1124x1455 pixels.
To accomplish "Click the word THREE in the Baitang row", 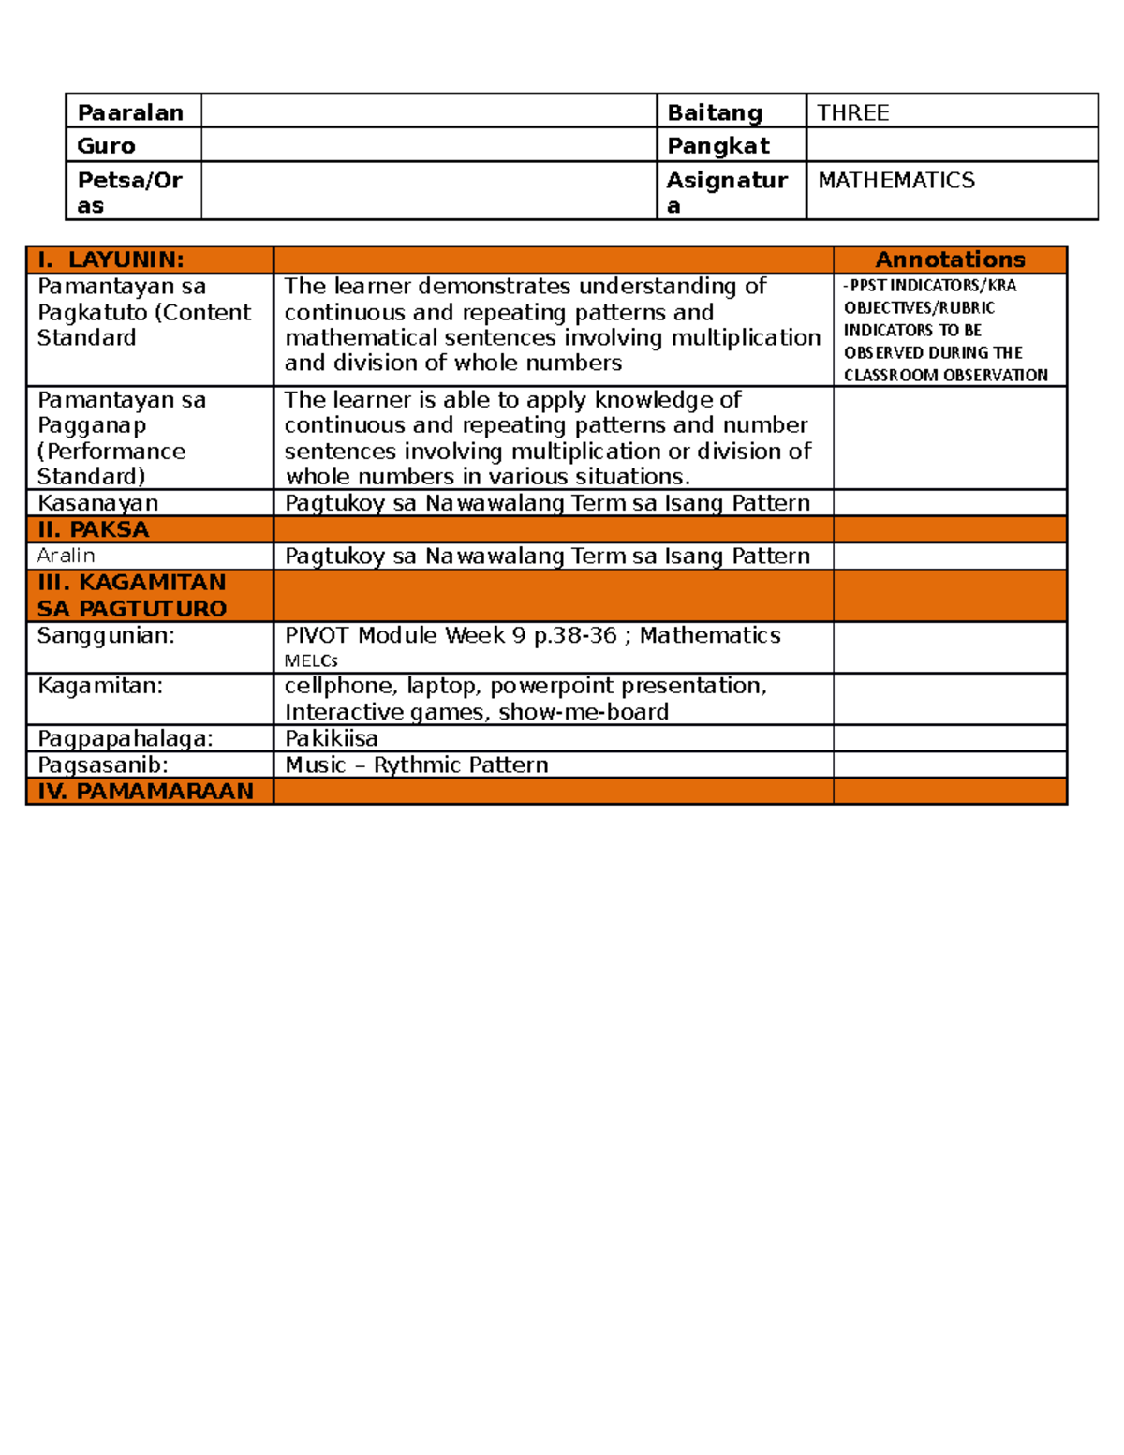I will pos(852,112).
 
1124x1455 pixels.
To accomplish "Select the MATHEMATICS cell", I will pos(896,180).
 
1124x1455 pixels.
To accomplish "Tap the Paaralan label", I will pos(130,112).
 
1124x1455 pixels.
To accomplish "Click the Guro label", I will pos(106,146).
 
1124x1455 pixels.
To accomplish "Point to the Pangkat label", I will pos(718,146).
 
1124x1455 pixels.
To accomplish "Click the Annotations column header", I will pos(950,260).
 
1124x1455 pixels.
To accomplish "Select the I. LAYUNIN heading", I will pos(111,260).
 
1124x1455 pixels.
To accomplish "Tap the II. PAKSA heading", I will pos(93,529).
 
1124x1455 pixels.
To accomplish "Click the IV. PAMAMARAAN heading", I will pos(145,791).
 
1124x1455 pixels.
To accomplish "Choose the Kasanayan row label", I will pos(97,503).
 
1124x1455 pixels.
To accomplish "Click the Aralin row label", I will pos(66,556).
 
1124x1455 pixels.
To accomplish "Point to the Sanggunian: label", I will pos(106,635).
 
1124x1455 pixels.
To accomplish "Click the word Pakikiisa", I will pos(332,738).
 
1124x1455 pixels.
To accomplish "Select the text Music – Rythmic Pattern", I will pos(416,765).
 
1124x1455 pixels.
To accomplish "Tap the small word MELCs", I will pos(311,661).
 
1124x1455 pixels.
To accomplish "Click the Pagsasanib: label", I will pos(103,765).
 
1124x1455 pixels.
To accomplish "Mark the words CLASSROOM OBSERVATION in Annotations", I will pos(945,375).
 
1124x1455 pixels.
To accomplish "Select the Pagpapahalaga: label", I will pos(126,738).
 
